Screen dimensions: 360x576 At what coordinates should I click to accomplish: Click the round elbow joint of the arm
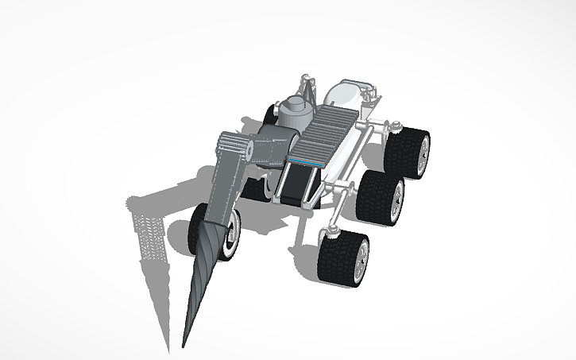point(252,147)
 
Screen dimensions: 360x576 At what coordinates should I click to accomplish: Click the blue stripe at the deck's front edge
point(303,162)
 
